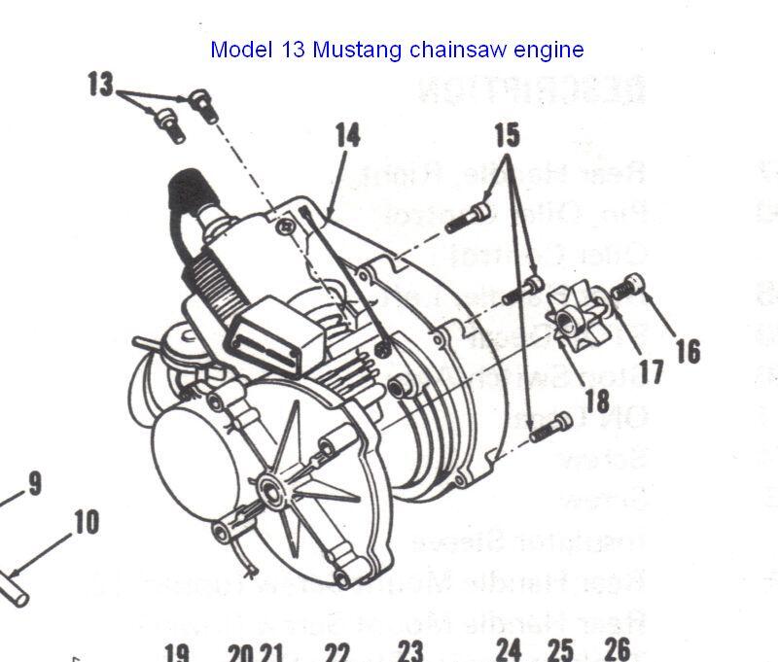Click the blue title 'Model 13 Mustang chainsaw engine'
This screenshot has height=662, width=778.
pos(397,49)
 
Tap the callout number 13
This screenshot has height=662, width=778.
pos(101,85)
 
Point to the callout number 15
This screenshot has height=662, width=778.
pos(506,135)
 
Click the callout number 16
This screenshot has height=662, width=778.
pos(687,350)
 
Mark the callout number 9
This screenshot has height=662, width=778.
pos(35,483)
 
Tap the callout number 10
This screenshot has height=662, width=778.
pos(86,522)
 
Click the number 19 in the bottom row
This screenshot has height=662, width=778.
pos(176,650)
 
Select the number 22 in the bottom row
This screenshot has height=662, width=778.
pos(336,650)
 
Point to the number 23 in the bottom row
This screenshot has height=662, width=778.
pos(410,650)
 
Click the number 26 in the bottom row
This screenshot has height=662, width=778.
pos(617,648)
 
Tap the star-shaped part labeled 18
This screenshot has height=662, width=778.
pos(572,312)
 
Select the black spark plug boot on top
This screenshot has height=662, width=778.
pos(187,189)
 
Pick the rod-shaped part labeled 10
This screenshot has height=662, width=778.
pos(15,587)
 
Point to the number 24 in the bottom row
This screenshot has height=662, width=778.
pos(508,649)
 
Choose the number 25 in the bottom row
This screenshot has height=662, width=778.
pos(560,649)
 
